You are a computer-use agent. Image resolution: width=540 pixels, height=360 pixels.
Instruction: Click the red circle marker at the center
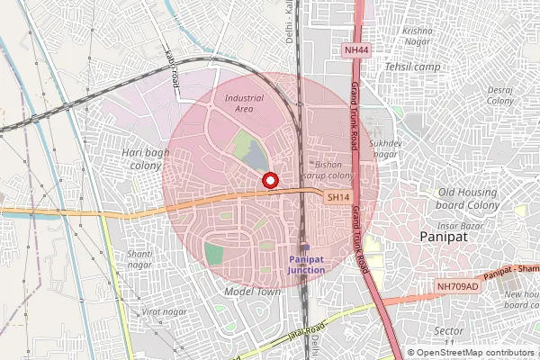[x=268, y=180]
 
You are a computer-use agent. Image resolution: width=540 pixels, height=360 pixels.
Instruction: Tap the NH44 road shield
[x=357, y=50]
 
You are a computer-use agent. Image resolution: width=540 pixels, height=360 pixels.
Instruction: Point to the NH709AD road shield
[x=455, y=287]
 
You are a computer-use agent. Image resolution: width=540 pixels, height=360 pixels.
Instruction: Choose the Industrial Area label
[x=244, y=103]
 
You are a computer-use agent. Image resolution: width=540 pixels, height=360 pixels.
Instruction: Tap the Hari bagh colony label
[x=145, y=158]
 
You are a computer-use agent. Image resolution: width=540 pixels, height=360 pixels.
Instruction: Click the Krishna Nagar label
[x=418, y=35]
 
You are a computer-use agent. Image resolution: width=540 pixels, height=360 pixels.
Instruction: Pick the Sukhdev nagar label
[x=384, y=148]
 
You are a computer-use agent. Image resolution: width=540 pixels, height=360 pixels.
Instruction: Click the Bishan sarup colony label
[x=334, y=170]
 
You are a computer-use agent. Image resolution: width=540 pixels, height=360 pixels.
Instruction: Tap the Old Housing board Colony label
[x=468, y=198]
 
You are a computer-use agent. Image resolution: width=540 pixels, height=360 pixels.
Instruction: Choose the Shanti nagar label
[x=139, y=259]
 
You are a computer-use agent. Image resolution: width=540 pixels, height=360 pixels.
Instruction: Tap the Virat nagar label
[x=161, y=311]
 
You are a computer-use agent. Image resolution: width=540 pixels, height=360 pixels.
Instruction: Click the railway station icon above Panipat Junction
[x=304, y=247]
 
